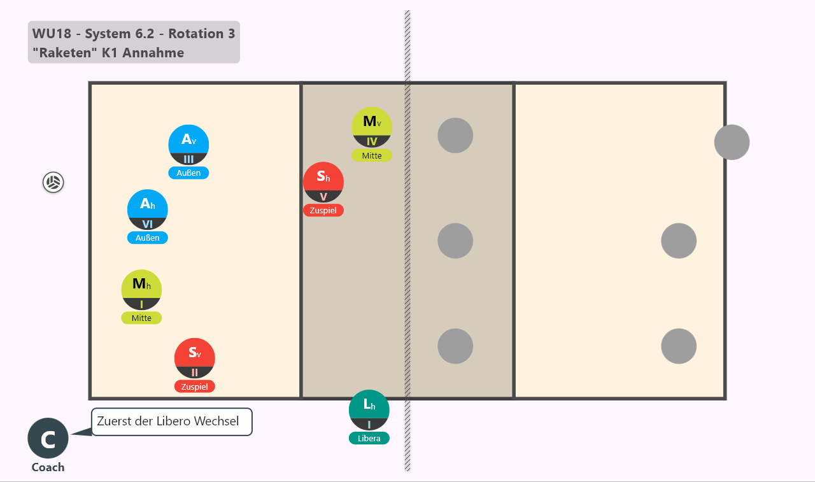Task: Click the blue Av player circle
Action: tap(188, 145)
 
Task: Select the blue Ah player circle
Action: tap(147, 209)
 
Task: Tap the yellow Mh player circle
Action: tap(141, 290)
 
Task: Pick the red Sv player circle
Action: tap(195, 358)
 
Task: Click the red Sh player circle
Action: tap(323, 182)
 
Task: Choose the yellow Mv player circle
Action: tap(372, 127)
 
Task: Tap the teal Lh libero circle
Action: tap(369, 410)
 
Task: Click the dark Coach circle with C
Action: tap(48, 438)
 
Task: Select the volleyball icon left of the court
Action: tap(53, 182)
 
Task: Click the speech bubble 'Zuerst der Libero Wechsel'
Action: tap(172, 422)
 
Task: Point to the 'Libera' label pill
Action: tap(369, 438)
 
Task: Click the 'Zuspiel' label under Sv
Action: tap(195, 386)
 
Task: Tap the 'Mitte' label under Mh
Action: tap(141, 318)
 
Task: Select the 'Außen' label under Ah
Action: tap(147, 237)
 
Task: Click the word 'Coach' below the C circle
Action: tap(48, 467)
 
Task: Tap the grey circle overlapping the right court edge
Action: tap(732, 142)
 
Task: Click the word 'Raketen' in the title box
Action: tap(65, 53)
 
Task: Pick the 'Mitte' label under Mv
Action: tap(372, 155)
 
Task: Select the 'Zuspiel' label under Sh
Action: tap(323, 210)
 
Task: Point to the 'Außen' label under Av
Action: tap(188, 173)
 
